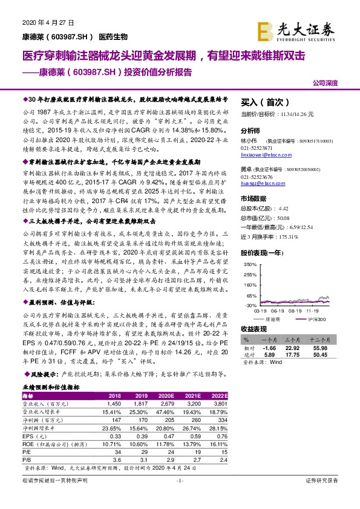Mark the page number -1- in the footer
[179, 497]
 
